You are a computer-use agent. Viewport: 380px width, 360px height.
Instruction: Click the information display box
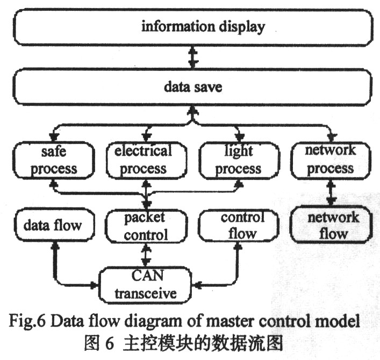click(x=193, y=27)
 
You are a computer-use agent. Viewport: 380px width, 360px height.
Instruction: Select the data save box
click(x=192, y=87)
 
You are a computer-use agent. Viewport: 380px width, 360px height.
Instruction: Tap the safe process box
click(x=54, y=160)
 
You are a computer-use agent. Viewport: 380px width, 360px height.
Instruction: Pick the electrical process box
click(x=147, y=160)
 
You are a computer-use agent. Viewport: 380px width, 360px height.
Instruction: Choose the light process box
click(x=239, y=160)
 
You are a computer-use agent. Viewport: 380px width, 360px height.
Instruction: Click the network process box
click(x=331, y=160)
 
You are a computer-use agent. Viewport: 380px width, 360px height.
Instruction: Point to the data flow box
click(x=54, y=225)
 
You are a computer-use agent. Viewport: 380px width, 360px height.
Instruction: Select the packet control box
click(x=146, y=226)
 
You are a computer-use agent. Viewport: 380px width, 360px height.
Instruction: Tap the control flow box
click(x=239, y=225)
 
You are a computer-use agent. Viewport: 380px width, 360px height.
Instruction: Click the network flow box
click(x=331, y=225)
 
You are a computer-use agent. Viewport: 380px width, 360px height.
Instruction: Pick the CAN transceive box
click(x=145, y=285)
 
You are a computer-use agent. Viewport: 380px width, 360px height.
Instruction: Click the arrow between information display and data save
click(x=193, y=57)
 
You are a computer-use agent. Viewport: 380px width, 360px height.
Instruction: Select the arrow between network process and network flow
click(x=331, y=192)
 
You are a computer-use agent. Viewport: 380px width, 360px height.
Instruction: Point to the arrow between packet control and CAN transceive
click(x=146, y=255)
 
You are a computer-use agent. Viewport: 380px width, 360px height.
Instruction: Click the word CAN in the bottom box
click(x=147, y=276)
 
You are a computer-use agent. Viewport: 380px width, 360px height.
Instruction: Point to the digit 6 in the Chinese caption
click(x=110, y=343)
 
